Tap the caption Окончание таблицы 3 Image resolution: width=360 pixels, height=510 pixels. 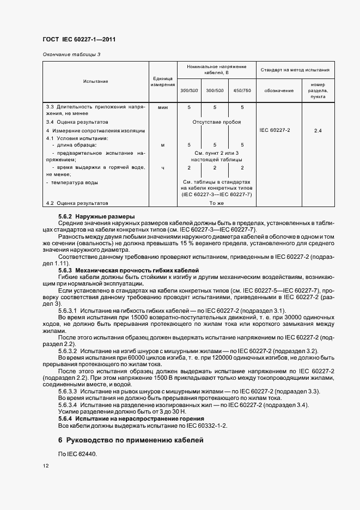(x=71, y=54)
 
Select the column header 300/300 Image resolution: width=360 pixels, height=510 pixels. (x=189, y=90)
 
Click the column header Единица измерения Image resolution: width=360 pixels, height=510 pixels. (x=162, y=82)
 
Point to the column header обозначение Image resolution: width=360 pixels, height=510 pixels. (x=279, y=90)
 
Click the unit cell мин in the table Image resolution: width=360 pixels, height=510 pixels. (x=162, y=108)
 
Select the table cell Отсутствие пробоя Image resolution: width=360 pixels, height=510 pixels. (x=216, y=122)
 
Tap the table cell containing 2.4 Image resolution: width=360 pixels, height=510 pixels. (x=318, y=131)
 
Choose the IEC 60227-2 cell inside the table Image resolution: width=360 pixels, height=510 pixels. (x=274, y=131)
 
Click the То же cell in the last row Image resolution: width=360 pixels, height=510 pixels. (x=216, y=203)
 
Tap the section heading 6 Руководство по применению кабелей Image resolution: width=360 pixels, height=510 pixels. (x=131, y=440)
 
